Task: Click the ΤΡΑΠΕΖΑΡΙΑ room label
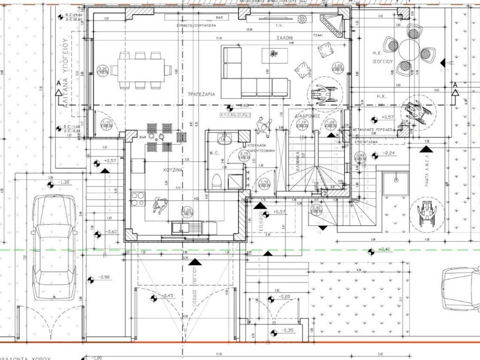pos(201,94)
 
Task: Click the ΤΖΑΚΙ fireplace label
pos(317,36)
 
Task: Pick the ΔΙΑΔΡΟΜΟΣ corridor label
pos(307,115)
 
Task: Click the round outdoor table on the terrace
pos(409,50)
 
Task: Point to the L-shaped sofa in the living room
pos(253,70)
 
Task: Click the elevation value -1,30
pos(65,182)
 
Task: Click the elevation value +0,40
pos(384,249)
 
